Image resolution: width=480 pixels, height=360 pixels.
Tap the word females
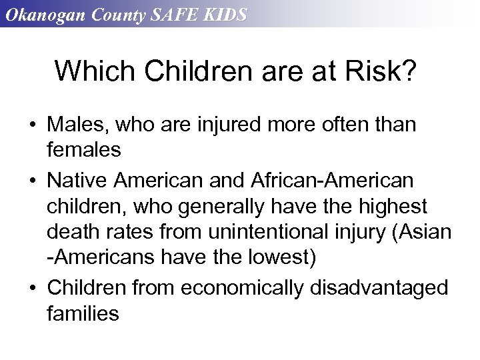(84, 150)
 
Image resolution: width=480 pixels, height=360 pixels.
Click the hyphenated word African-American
(332, 180)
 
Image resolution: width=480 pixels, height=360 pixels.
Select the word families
(83, 313)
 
